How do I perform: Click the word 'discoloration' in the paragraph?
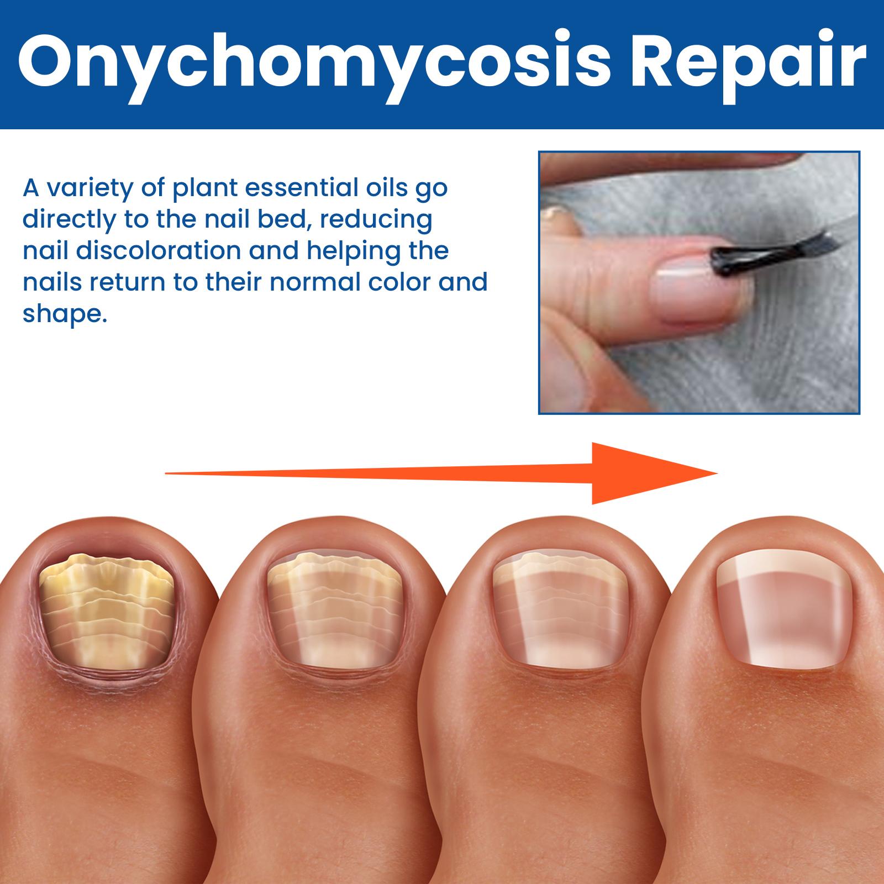point(158,251)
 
